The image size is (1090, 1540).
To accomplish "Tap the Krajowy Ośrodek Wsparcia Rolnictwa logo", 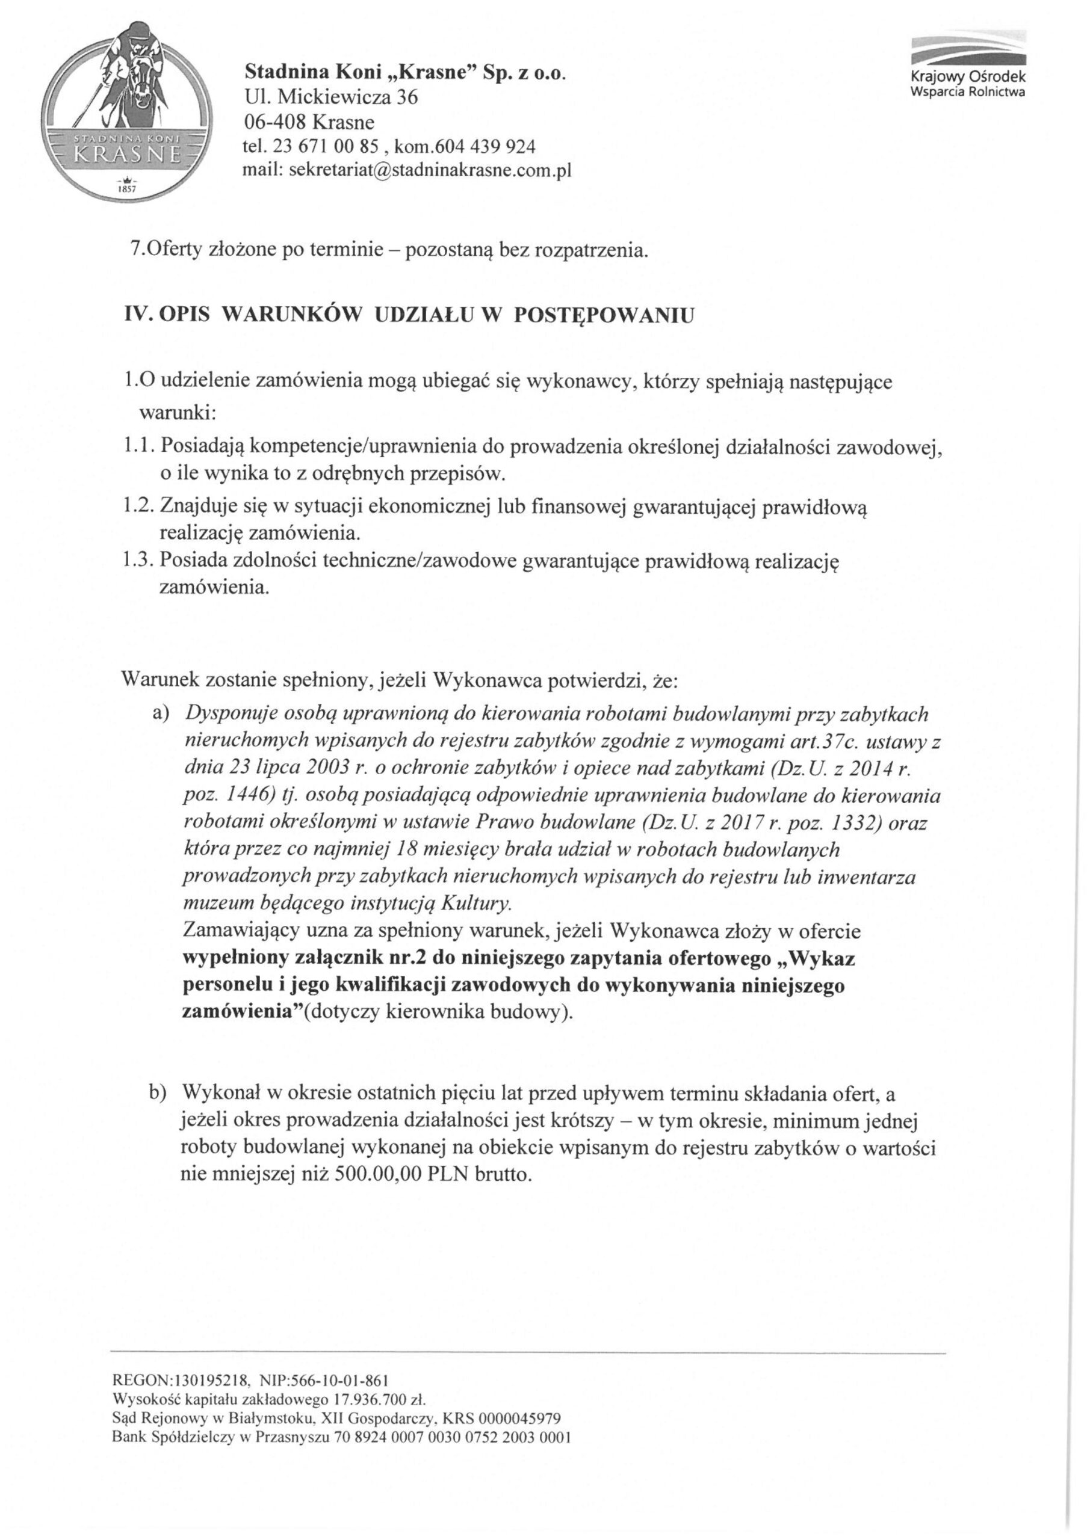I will click(967, 67).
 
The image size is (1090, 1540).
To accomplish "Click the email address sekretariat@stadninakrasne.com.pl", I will click(430, 170).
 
